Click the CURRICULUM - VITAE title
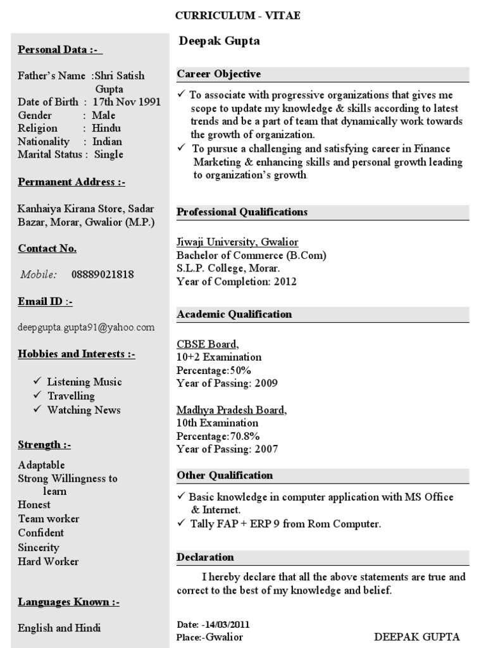(237, 16)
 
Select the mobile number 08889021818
(103, 275)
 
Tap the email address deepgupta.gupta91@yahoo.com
(86, 327)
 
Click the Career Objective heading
(219, 74)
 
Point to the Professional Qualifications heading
(242, 212)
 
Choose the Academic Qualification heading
(234, 314)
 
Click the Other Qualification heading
(225, 475)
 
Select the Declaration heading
(205, 557)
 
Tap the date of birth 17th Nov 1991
(127, 102)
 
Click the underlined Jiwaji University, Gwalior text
(237, 242)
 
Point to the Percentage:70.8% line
(218, 436)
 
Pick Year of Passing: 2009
(227, 383)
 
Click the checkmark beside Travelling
(38, 396)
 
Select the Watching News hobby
(84, 409)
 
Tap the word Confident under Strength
(41, 533)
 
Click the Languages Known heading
(68, 601)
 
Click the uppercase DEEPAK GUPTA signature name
(417, 637)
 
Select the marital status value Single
(109, 154)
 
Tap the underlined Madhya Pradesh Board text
(231, 410)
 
